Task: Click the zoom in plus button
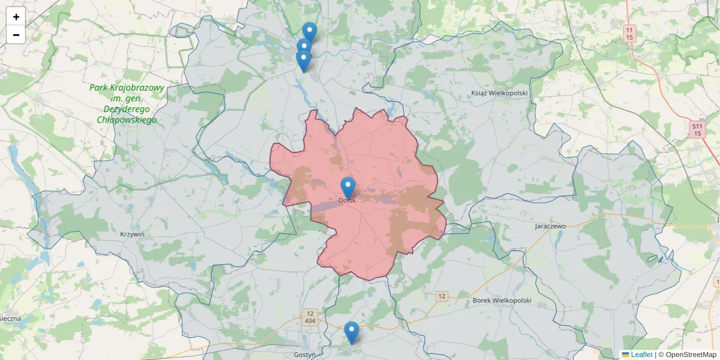pyautogui.click(x=16, y=17)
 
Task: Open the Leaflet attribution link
pyautogui.click(x=641, y=355)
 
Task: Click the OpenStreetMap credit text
pyautogui.click(x=687, y=355)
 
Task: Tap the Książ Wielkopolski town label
pyautogui.click(x=499, y=93)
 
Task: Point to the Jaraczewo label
pyautogui.click(x=550, y=226)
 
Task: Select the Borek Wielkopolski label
pyautogui.click(x=502, y=300)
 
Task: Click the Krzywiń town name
pyautogui.click(x=132, y=234)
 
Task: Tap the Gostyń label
pyautogui.click(x=305, y=355)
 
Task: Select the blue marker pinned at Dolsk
pyautogui.click(x=348, y=186)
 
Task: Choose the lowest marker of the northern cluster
pyautogui.click(x=304, y=60)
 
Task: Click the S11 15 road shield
pyautogui.click(x=697, y=130)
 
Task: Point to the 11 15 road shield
pyautogui.click(x=629, y=33)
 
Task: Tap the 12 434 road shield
pyautogui.click(x=310, y=317)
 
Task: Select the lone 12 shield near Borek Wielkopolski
pyautogui.click(x=442, y=296)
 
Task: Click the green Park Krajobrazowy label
pyautogui.click(x=127, y=104)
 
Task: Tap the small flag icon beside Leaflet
pyautogui.click(x=626, y=355)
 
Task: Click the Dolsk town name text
pyautogui.click(x=347, y=200)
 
